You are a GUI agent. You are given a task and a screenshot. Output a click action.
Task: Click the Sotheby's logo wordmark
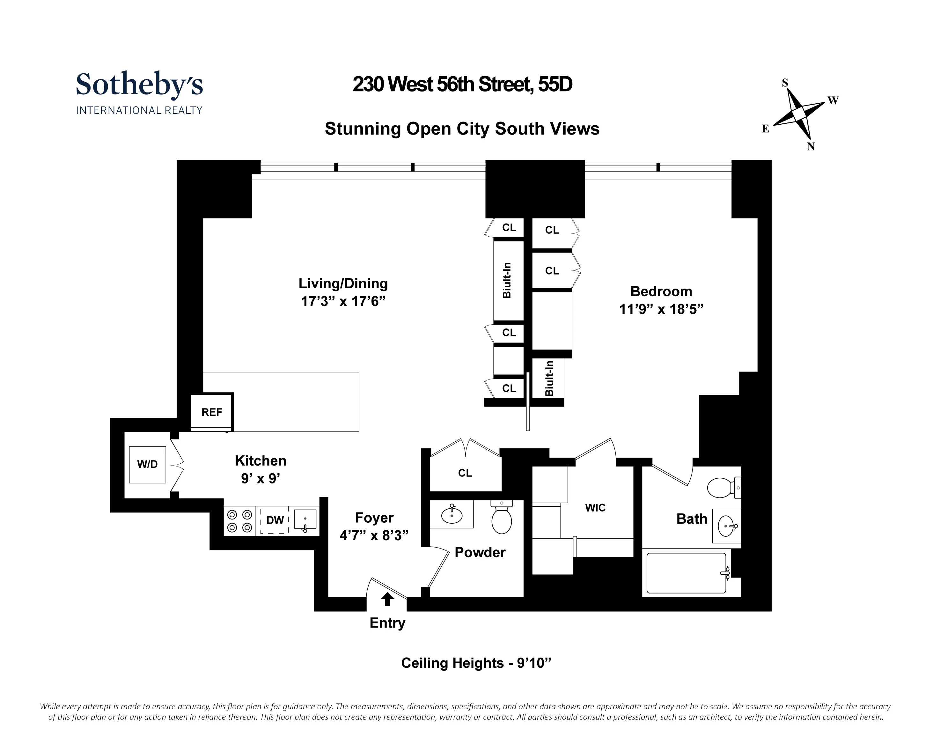coord(139,85)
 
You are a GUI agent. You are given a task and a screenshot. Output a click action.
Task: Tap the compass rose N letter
coord(811,147)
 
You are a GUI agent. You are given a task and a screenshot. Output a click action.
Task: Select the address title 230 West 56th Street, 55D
coord(462,85)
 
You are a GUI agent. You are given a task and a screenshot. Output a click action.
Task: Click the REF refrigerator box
coord(212,412)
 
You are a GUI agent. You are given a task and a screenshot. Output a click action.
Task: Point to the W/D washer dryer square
coord(147,464)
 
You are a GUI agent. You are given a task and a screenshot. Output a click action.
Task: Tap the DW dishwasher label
coord(275,520)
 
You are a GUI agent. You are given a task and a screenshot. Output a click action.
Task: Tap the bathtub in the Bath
coord(686,573)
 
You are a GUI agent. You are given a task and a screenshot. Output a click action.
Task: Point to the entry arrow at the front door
coord(387,599)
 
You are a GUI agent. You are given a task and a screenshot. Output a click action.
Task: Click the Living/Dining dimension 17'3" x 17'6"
coord(343,302)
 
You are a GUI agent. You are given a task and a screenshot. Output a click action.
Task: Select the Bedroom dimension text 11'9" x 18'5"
coord(661,309)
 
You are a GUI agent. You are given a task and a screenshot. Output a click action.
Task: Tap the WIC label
coord(595,508)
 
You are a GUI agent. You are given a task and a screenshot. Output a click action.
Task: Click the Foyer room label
coord(374,518)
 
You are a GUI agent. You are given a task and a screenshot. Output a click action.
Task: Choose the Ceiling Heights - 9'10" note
coord(475,663)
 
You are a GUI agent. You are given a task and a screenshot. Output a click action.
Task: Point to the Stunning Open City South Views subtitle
coord(462,129)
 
